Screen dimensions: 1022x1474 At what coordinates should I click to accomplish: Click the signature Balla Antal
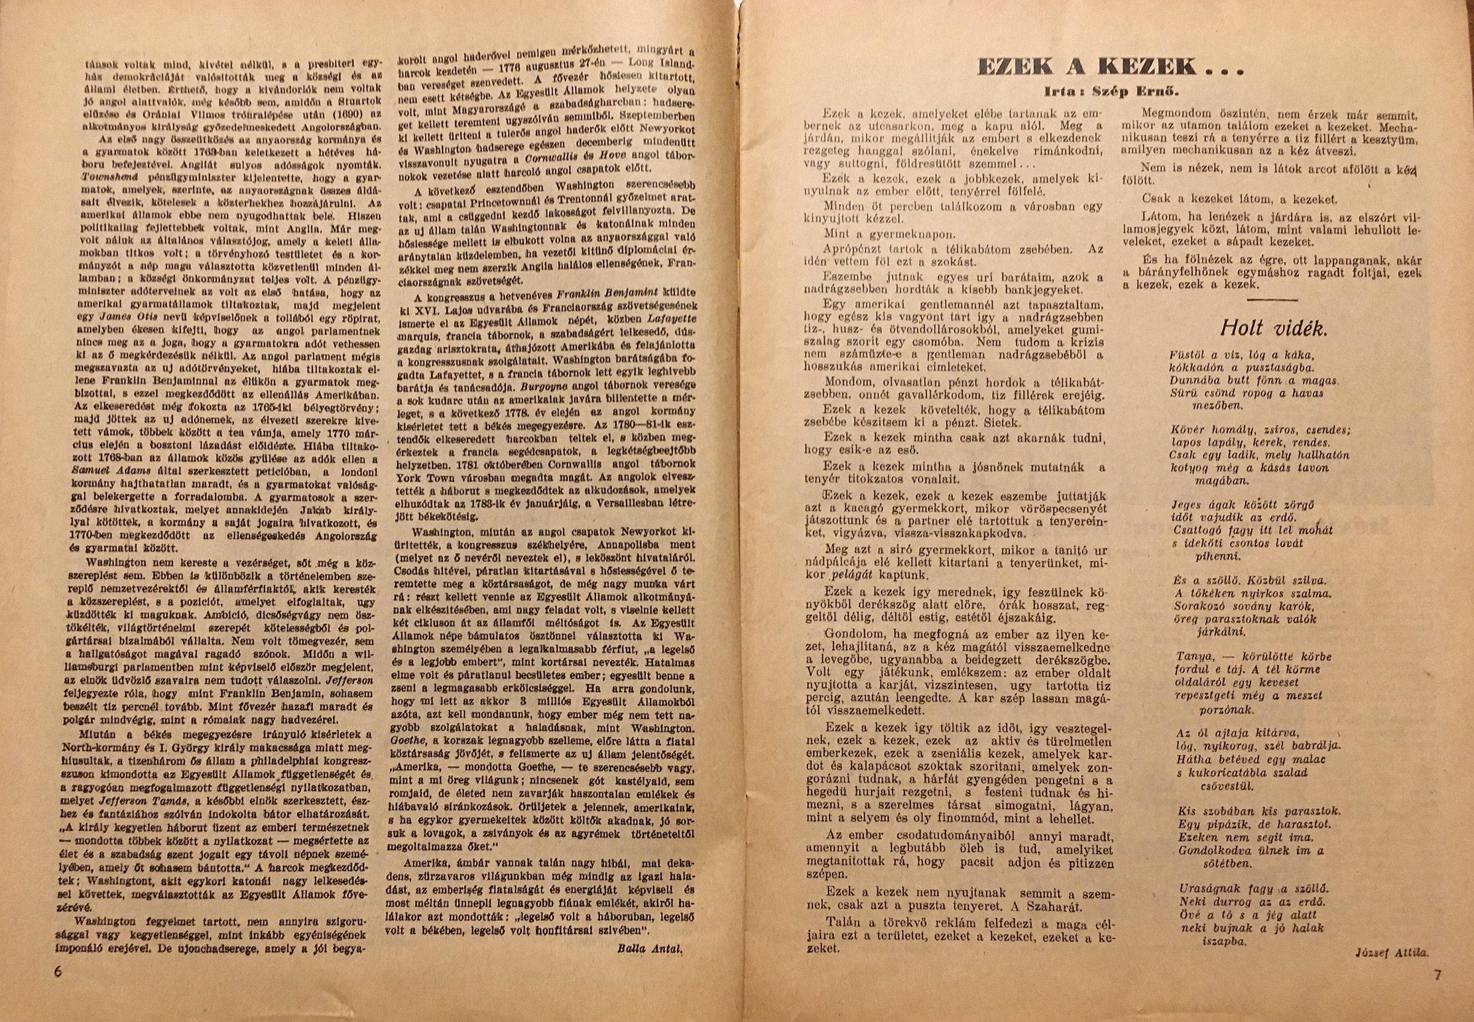649,948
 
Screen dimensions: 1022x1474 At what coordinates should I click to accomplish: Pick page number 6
58,972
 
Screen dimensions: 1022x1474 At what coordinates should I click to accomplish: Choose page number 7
1437,975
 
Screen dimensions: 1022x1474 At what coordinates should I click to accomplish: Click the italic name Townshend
109,178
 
